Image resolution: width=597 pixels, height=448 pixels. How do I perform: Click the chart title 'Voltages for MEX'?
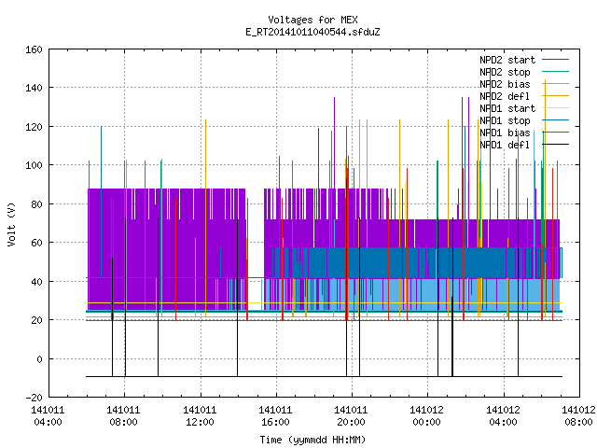pyautogui.click(x=312, y=20)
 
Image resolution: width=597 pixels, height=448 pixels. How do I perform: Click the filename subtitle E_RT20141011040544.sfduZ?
pyautogui.click(x=312, y=32)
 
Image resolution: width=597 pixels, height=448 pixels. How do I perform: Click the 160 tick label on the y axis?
pyautogui.click(x=34, y=49)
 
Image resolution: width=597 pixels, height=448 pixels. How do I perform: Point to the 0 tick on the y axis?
pyautogui.click(x=39, y=359)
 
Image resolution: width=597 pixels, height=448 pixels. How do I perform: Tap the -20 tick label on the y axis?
pyautogui.click(x=34, y=398)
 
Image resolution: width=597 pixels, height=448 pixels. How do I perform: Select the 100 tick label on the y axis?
pyautogui.click(x=34, y=166)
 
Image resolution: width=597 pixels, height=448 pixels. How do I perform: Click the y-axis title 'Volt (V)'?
pyautogui.click(x=12, y=224)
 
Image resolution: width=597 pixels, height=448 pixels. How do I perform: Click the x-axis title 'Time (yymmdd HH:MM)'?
pyautogui.click(x=312, y=440)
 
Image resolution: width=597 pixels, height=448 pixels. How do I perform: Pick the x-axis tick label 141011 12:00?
pyautogui.click(x=200, y=416)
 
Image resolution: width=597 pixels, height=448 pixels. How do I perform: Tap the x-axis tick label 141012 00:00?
pyautogui.click(x=427, y=416)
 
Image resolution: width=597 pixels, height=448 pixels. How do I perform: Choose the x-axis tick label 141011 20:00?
pyautogui.click(x=351, y=416)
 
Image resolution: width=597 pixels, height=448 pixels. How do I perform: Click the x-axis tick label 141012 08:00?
pyautogui.click(x=578, y=416)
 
